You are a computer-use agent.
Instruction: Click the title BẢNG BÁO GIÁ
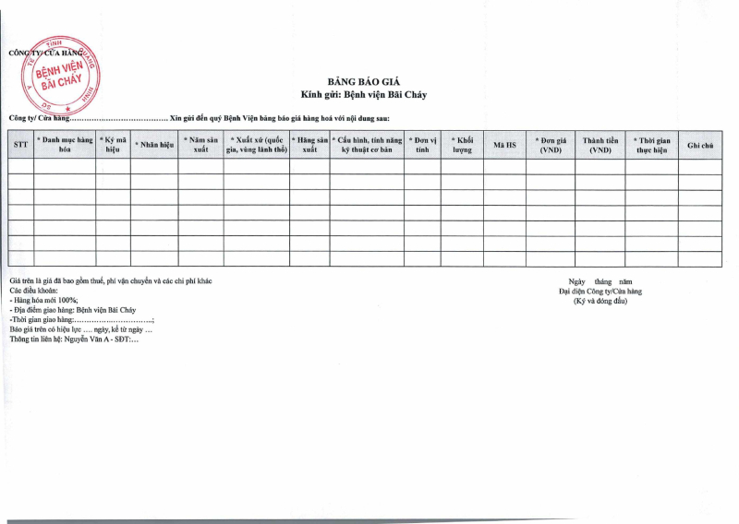[363, 82]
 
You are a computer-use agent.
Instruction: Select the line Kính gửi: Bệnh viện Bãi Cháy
[363, 94]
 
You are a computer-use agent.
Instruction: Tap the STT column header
[20, 145]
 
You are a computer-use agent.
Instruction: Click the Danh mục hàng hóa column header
[65, 145]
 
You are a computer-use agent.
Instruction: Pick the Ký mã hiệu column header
[113, 145]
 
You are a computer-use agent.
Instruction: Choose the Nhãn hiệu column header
[154, 145]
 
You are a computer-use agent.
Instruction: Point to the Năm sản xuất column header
[200, 145]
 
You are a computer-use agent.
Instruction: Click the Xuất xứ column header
[256, 145]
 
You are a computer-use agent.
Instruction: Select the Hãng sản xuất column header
[309, 145]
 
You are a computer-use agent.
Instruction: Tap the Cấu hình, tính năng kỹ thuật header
[367, 145]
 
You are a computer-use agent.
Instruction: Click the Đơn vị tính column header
[422, 145]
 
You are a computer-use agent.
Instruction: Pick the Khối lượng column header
[462, 145]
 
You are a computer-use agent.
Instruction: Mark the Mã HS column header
[504, 145]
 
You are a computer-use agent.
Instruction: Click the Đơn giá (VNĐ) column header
[551, 145]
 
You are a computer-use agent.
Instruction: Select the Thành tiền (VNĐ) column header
[600, 145]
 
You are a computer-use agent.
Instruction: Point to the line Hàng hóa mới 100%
[44, 301]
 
